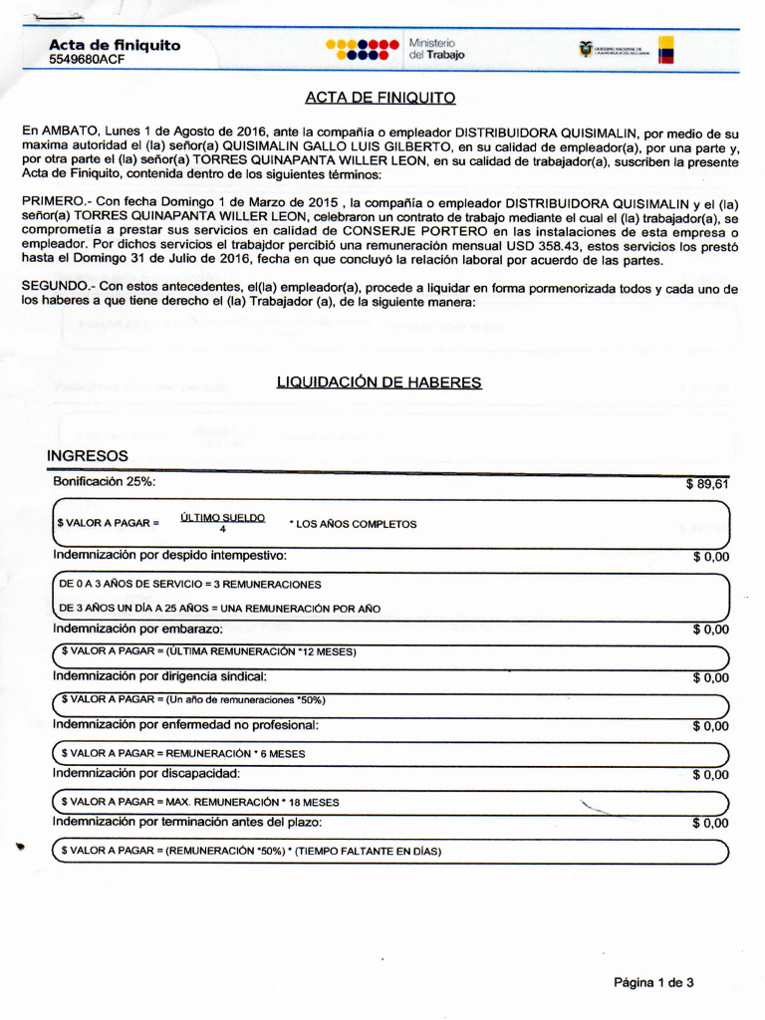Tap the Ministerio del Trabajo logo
click(x=395, y=50)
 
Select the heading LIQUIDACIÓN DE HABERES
click(x=378, y=382)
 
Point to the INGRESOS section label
click(x=88, y=455)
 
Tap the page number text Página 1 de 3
click(x=653, y=982)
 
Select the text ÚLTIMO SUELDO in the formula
click(x=222, y=517)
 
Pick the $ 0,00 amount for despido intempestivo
click(x=710, y=557)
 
